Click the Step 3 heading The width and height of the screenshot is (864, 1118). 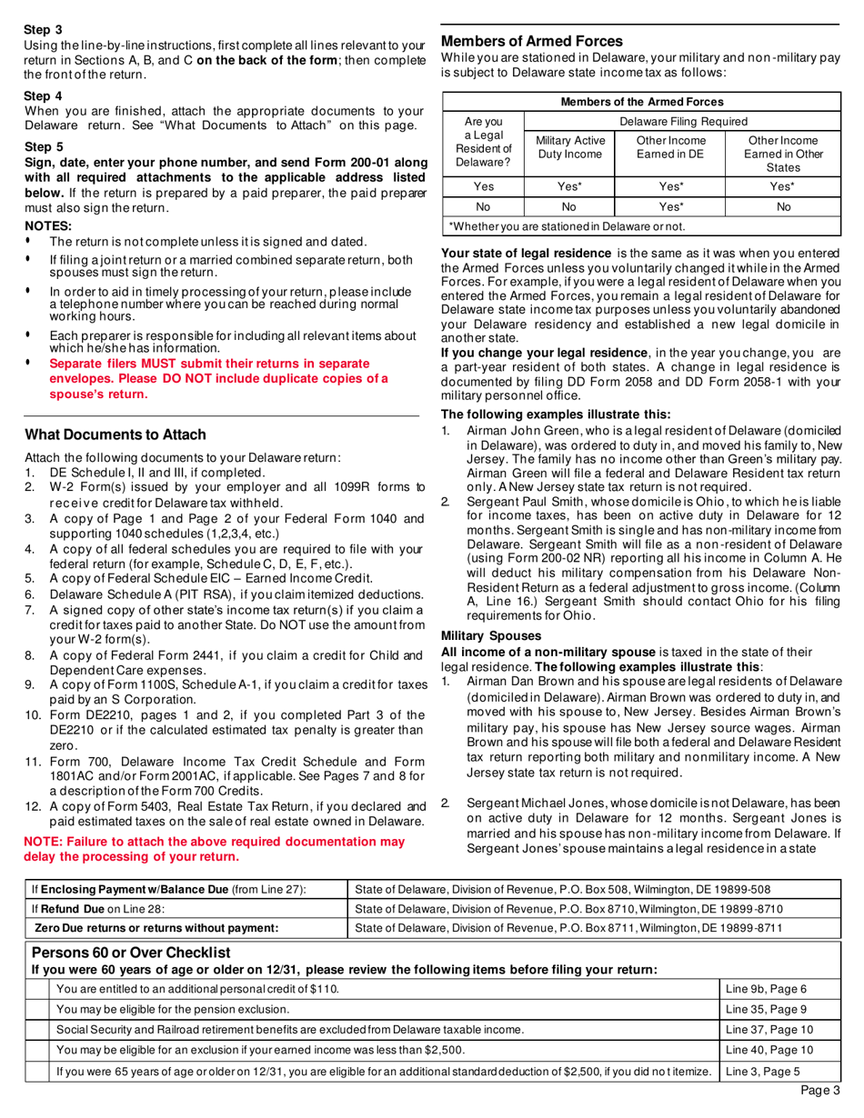(43, 30)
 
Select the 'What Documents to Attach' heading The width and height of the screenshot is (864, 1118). (115, 434)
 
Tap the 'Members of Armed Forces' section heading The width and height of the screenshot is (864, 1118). (531, 41)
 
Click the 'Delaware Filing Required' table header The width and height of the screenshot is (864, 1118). (683, 121)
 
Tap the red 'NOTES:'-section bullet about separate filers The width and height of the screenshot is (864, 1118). (218, 378)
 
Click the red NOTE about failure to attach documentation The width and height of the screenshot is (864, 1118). (214, 849)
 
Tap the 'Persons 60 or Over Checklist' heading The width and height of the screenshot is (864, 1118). (132, 953)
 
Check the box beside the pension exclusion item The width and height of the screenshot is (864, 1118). (37, 1009)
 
